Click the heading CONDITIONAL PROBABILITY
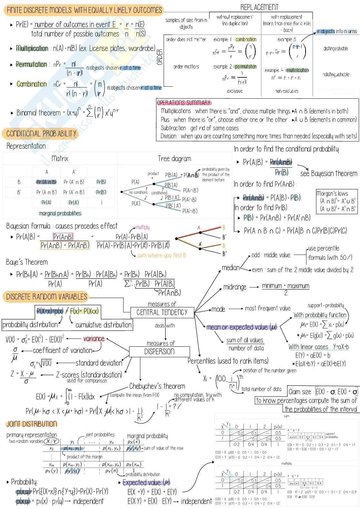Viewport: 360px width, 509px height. (x=41, y=133)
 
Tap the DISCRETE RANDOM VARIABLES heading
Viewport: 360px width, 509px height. (x=46, y=297)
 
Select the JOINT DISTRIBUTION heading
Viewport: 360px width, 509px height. (x=32, y=424)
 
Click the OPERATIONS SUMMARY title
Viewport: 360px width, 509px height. (x=184, y=103)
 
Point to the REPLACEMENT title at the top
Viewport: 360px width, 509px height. (x=259, y=7)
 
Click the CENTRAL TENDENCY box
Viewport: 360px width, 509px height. (x=162, y=312)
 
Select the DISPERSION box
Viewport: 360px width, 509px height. (x=159, y=351)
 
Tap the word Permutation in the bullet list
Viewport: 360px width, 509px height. (x=32, y=64)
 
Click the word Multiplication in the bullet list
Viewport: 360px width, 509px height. (x=32, y=48)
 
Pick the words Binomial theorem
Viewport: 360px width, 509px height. (x=39, y=113)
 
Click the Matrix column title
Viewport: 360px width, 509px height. (x=60, y=159)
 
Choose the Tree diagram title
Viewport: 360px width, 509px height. (x=175, y=159)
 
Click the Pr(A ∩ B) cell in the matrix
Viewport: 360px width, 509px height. (x=46, y=182)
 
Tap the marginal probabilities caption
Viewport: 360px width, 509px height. (x=60, y=213)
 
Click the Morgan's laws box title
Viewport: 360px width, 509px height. (x=332, y=193)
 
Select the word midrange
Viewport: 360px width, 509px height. (x=235, y=287)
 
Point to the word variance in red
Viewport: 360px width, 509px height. (x=94, y=338)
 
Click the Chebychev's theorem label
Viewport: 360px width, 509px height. (x=157, y=386)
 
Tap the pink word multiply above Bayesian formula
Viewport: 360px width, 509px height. (x=142, y=227)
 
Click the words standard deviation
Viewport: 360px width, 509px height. (x=99, y=363)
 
